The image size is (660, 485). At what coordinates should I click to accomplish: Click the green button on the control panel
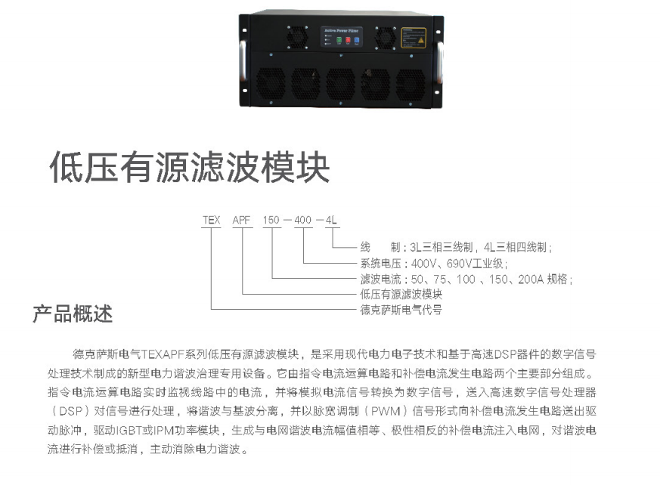[339, 40]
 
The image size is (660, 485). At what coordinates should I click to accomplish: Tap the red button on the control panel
[348, 40]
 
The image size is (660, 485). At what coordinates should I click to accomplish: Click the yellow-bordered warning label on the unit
[414, 38]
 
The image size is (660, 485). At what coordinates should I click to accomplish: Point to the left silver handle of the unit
[243, 60]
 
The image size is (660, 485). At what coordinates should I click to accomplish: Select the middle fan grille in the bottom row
[340, 84]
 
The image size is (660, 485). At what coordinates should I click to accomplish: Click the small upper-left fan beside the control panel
[297, 37]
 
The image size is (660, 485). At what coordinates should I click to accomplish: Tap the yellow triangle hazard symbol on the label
[420, 41]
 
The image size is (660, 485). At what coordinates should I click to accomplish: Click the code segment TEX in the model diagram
[211, 220]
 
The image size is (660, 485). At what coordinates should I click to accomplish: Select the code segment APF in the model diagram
[241, 220]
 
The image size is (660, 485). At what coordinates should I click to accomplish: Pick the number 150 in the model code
[271, 220]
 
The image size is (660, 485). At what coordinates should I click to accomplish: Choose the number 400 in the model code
[302, 220]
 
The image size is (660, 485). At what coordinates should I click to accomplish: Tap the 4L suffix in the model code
[331, 220]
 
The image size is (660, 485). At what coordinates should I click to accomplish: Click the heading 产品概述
[73, 314]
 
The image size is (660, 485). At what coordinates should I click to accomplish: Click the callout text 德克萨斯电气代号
[401, 310]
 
